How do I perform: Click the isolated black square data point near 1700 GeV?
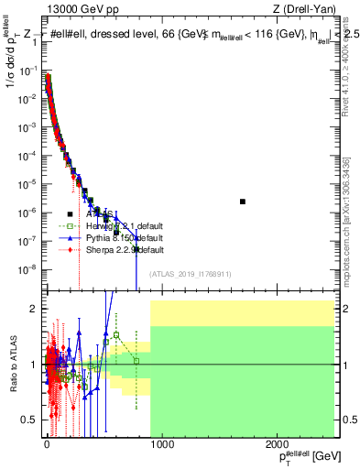[243, 202]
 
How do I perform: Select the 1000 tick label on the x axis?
[161, 446]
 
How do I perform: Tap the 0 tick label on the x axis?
[46, 446]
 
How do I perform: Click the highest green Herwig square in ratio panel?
[116, 335]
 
